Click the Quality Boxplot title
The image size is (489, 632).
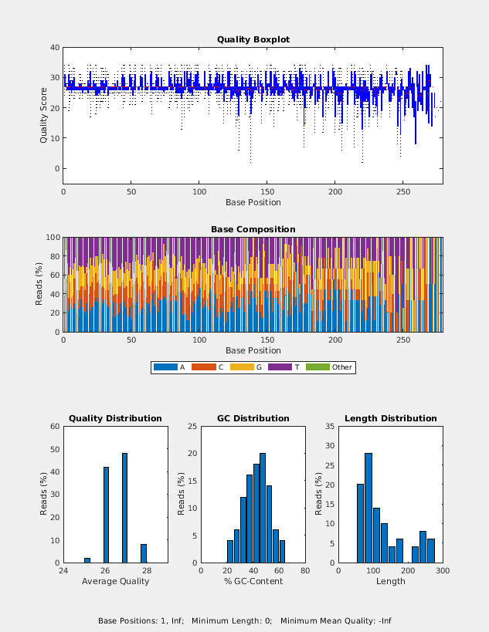253,39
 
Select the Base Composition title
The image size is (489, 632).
253,229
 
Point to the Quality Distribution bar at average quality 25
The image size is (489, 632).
87,560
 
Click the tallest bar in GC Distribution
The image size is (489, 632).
263,508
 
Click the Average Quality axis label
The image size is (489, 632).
115,581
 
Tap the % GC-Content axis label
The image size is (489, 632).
253,581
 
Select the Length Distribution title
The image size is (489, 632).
390,418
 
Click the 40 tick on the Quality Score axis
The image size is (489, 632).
55,48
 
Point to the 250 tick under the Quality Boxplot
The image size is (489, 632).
403,191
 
